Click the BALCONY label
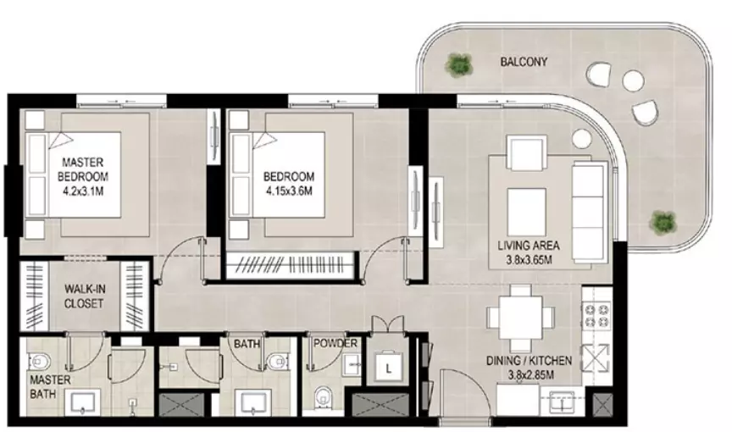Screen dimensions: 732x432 click(x=524, y=62)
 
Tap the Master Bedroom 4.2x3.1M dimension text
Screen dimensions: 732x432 click(x=83, y=191)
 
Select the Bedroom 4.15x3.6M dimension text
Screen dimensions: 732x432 click(x=289, y=191)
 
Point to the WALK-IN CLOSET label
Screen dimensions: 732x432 click(x=85, y=296)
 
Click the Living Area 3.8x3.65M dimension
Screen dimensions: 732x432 click(x=529, y=260)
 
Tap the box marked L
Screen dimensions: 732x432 click(x=388, y=368)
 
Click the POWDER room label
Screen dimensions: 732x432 click(x=335, y=344)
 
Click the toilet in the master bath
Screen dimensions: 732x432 click(x=40, y=361)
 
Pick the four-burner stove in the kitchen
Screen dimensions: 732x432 click(x=596, y=315)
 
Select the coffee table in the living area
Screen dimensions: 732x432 click(x=527, y=212)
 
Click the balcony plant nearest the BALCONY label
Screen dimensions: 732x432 click(x=458, y=64)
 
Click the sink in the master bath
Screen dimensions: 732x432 click(x=85, y=402)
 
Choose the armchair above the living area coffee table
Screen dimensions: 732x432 click(x=528, y=152)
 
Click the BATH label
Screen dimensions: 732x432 click(x=247, y=344)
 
